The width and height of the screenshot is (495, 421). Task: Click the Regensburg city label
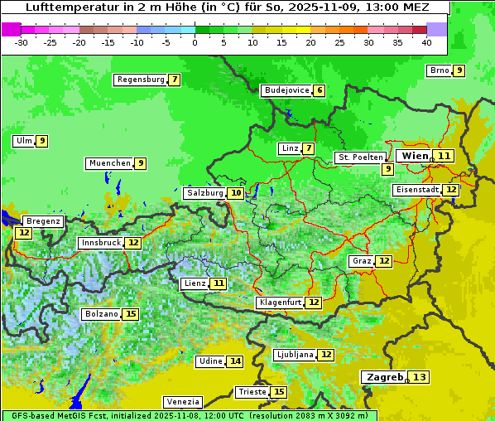pos(141,80)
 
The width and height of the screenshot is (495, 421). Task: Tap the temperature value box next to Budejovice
pos(320,90)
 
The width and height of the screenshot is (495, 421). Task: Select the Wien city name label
pos(414,156)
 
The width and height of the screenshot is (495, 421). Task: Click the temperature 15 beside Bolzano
pos(131,314)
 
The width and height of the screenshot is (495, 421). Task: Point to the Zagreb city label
pos(383,377)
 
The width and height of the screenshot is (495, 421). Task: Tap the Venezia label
pos(182,401)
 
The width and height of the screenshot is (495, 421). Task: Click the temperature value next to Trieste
pos(279,392)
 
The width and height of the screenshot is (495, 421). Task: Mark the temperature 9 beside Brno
pos(459,70)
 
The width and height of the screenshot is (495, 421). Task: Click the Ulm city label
pos(23,141)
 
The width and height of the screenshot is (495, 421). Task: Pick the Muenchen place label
pos(109,163)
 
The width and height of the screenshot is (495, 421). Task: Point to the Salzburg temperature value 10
pos(236,193)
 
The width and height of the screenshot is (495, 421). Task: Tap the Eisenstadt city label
pos(417,190)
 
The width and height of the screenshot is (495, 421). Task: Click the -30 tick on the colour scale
pos(22,42)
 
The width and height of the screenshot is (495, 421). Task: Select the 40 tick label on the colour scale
pos(425,42)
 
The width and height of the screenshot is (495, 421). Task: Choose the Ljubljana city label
pos(295,355)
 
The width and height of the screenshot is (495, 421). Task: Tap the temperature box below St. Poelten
pos(387,169)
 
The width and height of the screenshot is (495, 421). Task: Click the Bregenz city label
pos(43,221)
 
